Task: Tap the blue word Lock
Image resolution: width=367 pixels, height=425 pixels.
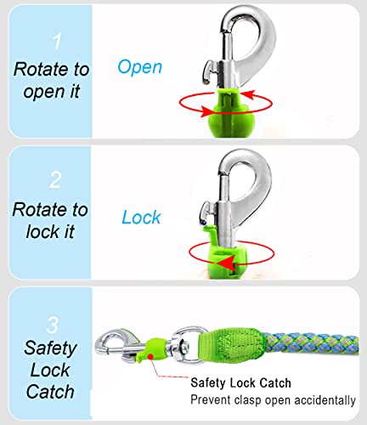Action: [x=141, y=218]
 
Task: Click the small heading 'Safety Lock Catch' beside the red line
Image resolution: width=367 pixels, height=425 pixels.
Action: [x=241, y=382]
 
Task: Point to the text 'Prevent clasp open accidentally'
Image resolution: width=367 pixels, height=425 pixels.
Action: [x=273, y=399]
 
